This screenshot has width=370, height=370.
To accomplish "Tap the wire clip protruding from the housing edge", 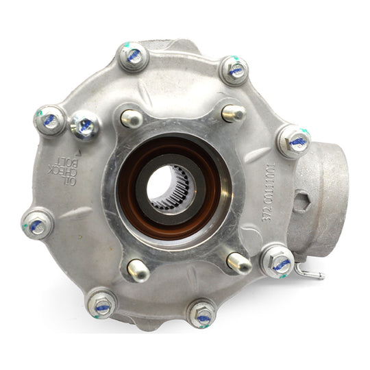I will click(312, 275).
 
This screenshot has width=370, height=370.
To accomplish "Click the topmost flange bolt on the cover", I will click(134, 56).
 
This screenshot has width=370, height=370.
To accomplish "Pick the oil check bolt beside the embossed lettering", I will click(85, 125).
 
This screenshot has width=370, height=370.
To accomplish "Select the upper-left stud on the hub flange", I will click(130, 118).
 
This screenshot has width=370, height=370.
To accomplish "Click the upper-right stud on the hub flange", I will click(233, 113).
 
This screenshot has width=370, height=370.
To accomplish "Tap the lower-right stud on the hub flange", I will click(239, 262).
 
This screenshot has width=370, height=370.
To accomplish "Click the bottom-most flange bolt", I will click(202, 314).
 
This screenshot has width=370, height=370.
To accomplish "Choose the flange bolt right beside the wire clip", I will click(278, 261).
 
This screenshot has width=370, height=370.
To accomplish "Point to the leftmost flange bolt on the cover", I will click(37, 224).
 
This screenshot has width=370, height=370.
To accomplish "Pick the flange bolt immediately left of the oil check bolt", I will click(50, 121).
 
